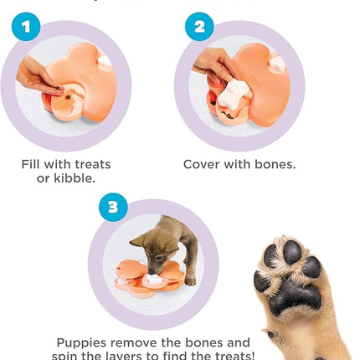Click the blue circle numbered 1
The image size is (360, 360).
click(x=25, y=27)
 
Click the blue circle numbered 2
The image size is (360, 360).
click(x=199, y=27)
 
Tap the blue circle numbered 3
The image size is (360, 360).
click(x=114, y=207)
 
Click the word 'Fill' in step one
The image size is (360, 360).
click(x=34, y=164)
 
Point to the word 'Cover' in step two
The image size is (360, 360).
click(x=203, y=164)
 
